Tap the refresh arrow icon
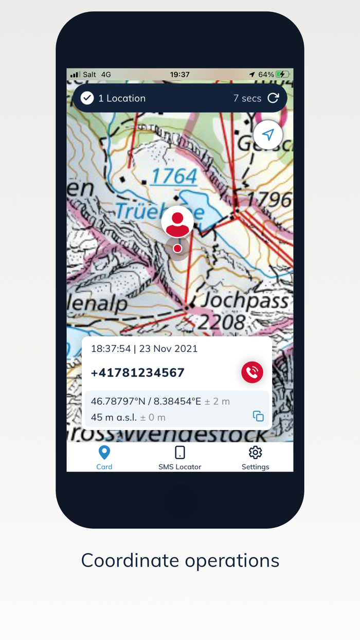coord(273,98)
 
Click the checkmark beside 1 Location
coord(87,98)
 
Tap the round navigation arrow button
coord(268,135)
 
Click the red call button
coord(252,372)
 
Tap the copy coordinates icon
coord(258,416)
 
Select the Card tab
coord(104,457)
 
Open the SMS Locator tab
coord(179,457)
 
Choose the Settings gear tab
coord(255,457)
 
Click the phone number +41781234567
coord(137,372)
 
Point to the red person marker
coord(177,223)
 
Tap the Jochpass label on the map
coord(245,300)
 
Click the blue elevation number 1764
coord(174,176)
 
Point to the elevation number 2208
coord(222,323)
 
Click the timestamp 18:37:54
coord(111,348)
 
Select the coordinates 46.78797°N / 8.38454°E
coord(146,401)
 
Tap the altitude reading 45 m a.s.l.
coord(114,417)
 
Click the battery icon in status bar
coord(283,75)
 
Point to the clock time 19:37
coord(179,75)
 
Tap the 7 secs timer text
coord(247,98)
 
